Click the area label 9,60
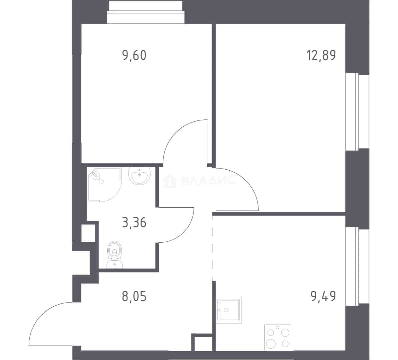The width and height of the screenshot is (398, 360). click(134, 56)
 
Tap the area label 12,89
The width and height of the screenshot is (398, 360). click(321, 56)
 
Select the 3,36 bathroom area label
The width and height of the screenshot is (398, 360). click(134, 223)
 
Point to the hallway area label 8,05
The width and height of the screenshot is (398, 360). click(134, 297)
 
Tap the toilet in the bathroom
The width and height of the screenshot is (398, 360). click(115, 255)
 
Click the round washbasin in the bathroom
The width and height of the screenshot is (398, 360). click(140, 175)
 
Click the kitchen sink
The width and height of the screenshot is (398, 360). click(229, 310)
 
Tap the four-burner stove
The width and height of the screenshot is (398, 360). click(278, 338)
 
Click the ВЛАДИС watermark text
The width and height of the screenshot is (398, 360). click(208, 180)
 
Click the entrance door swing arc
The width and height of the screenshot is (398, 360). click(42, 315)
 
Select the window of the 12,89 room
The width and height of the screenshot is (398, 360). click(357, 111)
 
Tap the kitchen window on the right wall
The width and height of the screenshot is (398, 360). click(357, 266)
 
